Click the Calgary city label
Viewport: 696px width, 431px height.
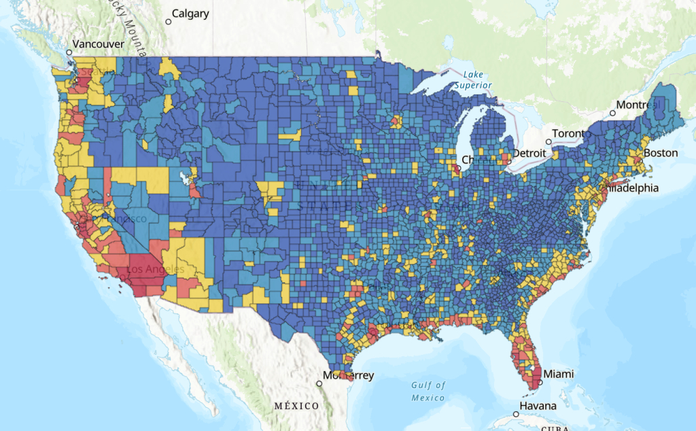coord(190,14)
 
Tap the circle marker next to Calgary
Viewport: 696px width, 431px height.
coord(168,22)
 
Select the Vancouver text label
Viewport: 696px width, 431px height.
coord(99,44)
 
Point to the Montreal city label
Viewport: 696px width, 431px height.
coord(639,105)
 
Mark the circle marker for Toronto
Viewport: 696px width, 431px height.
coord(549,141)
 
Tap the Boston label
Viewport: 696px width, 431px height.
coord(661,153)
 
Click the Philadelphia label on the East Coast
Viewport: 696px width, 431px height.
coord(632,188)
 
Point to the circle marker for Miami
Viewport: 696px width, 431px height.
coord(540,382)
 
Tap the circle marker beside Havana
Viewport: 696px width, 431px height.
coord(515,413)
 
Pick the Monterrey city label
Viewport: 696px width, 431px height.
coord(349,375)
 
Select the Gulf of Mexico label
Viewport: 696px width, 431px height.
coord(428,392)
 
